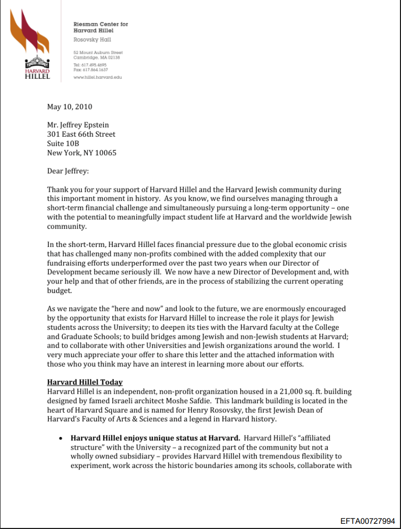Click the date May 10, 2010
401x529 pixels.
point(69,107)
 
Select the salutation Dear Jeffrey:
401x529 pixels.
point(68,171)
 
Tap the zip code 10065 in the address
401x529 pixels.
point(106,153)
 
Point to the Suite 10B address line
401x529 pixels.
point(63,144)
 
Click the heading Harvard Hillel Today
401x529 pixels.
point(85,382)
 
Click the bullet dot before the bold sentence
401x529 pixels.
point(62,438)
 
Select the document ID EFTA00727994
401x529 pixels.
point(368,521)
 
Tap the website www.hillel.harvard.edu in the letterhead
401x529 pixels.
point(98,77)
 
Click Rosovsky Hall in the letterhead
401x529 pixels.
point(92,40)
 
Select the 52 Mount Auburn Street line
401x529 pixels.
point(98,53)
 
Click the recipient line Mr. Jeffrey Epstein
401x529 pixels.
point(78,125)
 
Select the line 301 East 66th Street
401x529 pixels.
point(81,134)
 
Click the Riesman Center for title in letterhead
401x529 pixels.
point(100,24)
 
